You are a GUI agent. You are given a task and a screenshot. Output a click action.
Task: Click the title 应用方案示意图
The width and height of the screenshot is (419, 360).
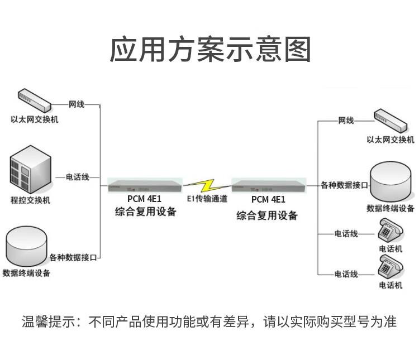tap(209, 50)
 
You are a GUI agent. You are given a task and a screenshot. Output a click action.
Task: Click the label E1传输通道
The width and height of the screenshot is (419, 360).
tap(207, 199)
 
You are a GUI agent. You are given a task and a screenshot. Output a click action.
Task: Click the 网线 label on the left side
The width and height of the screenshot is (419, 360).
tap(77, 104)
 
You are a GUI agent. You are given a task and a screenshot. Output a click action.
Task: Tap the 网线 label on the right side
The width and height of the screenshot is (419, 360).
tap(346, 121)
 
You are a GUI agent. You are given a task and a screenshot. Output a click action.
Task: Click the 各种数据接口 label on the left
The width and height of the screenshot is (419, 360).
tap(73, 257)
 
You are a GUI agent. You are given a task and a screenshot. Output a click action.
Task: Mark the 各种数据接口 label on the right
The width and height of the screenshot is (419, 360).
tap(344, 185)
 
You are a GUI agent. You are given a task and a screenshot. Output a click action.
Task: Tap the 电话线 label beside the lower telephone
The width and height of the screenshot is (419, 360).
tap(346, 274)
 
